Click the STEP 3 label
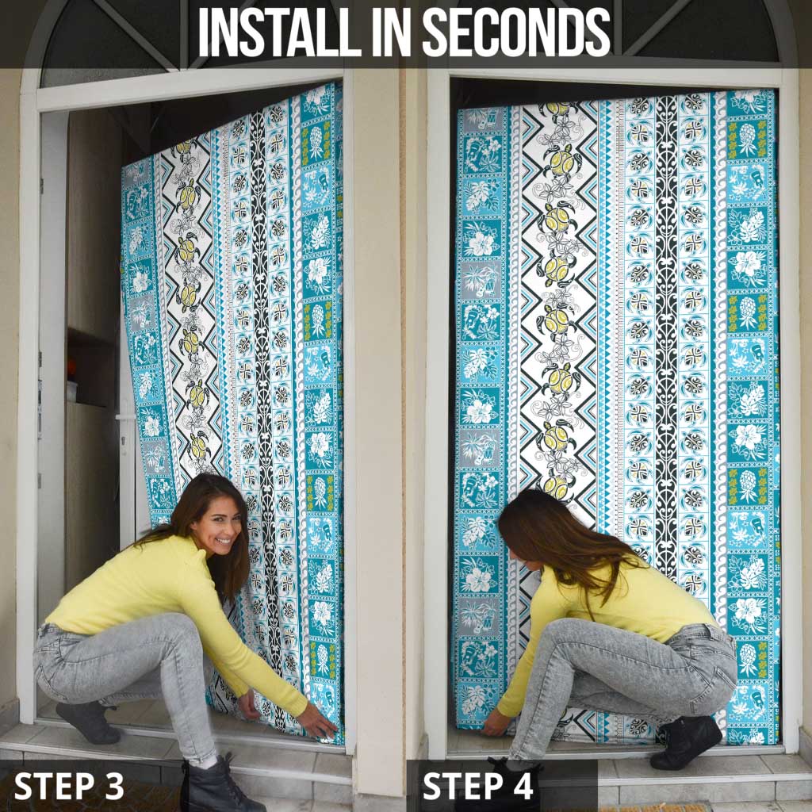pos(69,786)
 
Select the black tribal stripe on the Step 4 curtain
pos(666,317)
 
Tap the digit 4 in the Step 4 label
pos(522,786)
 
